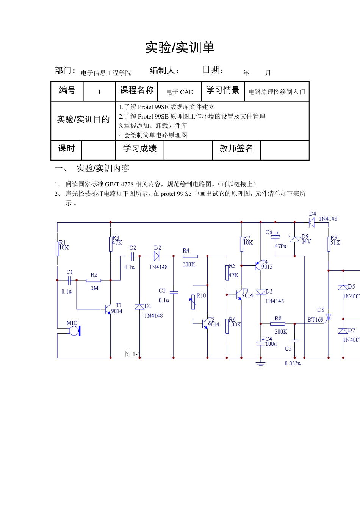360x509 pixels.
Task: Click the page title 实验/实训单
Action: (x=180, y=47)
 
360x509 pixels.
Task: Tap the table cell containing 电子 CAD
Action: (x=180, y=92)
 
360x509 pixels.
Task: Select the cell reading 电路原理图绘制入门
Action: (x=277, y=92)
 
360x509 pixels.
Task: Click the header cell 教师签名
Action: (x=236, y=148)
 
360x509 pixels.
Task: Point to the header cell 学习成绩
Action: (x=139, y=148)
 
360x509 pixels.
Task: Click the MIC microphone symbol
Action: (x=74, y=331)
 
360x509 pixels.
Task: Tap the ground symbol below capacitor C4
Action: (x=260, y=364)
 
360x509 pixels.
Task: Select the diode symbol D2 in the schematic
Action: (x=157, y=256)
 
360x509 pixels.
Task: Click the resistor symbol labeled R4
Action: (x=190, y=256)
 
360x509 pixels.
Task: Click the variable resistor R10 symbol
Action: (x=193, y=302)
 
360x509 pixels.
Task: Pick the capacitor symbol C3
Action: (x=174, y=292)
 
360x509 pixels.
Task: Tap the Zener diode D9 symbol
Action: (x=294, y=239)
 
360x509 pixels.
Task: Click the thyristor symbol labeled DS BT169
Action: (x=329, y=317)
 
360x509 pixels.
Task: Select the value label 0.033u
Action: (x=293, y=363)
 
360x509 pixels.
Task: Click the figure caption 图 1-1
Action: (x=132, y=354)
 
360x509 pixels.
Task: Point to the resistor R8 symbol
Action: (x=277, y=324)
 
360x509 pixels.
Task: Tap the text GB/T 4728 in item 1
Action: (x=119, y=184)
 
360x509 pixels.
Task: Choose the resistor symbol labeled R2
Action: (x=94, y=280)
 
